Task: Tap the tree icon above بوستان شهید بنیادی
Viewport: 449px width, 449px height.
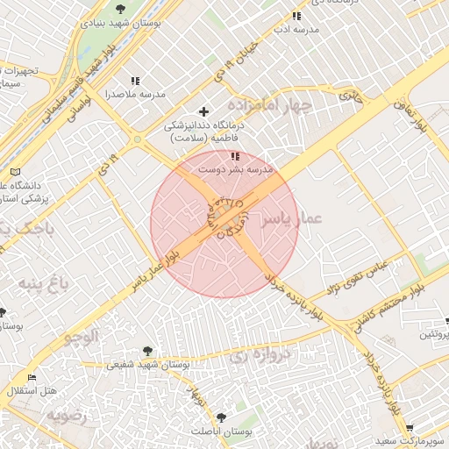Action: pos(120,10)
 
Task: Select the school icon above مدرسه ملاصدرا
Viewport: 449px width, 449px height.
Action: pos(134,81)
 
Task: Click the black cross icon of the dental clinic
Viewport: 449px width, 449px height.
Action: pos(204,111)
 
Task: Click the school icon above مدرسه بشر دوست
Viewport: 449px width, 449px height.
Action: pos(235,156)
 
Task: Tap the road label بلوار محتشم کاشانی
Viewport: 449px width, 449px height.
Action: pos(388,303)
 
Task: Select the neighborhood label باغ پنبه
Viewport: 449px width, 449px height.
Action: pos(41,283)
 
